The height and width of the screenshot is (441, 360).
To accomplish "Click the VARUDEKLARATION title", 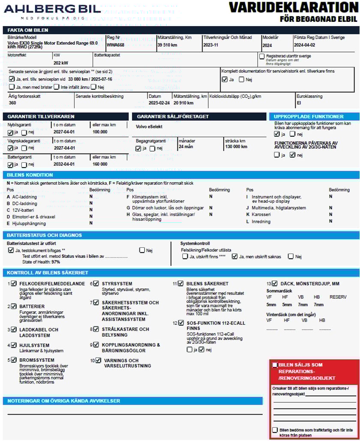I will click(x=293, y=8).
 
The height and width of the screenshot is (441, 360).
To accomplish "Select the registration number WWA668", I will click(x=115, y=45).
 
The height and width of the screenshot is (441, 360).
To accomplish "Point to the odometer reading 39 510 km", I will click(x=167, y=45).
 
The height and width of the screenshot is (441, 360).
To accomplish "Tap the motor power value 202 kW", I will click(x=61, y=63).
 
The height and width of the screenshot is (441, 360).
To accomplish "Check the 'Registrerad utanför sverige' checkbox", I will click(x=262, y=56).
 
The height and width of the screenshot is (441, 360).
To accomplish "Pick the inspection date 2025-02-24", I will click(x=159, y=103).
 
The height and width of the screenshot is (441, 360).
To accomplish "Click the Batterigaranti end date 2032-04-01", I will click(x=64, y=164).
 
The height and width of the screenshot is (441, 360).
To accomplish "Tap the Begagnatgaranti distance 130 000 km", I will click(x=236, y=147).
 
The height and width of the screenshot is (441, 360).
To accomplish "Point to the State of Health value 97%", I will click(x=55, y=262).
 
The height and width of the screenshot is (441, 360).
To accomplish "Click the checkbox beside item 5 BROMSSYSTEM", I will click(x=14, y=360).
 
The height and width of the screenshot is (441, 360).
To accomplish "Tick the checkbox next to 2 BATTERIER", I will click(x=14, y=306).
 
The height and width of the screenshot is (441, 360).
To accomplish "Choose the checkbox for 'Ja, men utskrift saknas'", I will click(x=234, y=256).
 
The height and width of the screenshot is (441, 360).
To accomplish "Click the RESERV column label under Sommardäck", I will click(x=338, y=297).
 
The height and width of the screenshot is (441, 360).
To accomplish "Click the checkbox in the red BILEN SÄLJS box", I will click(x=275, y=365).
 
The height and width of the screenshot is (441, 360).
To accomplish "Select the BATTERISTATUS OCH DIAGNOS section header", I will click(x=45, y=235).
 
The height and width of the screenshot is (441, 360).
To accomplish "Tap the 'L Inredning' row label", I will click(x=258, y=222).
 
